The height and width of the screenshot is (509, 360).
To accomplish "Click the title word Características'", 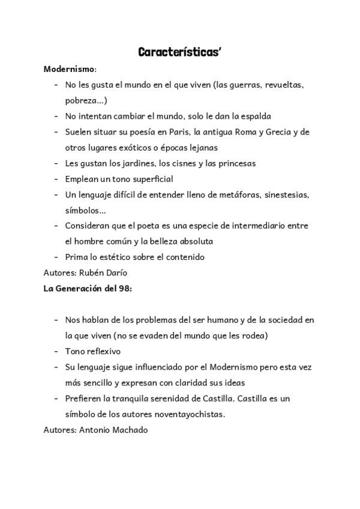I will [180, 52].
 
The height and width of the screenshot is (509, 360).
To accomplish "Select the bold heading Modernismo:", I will [70, 69].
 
